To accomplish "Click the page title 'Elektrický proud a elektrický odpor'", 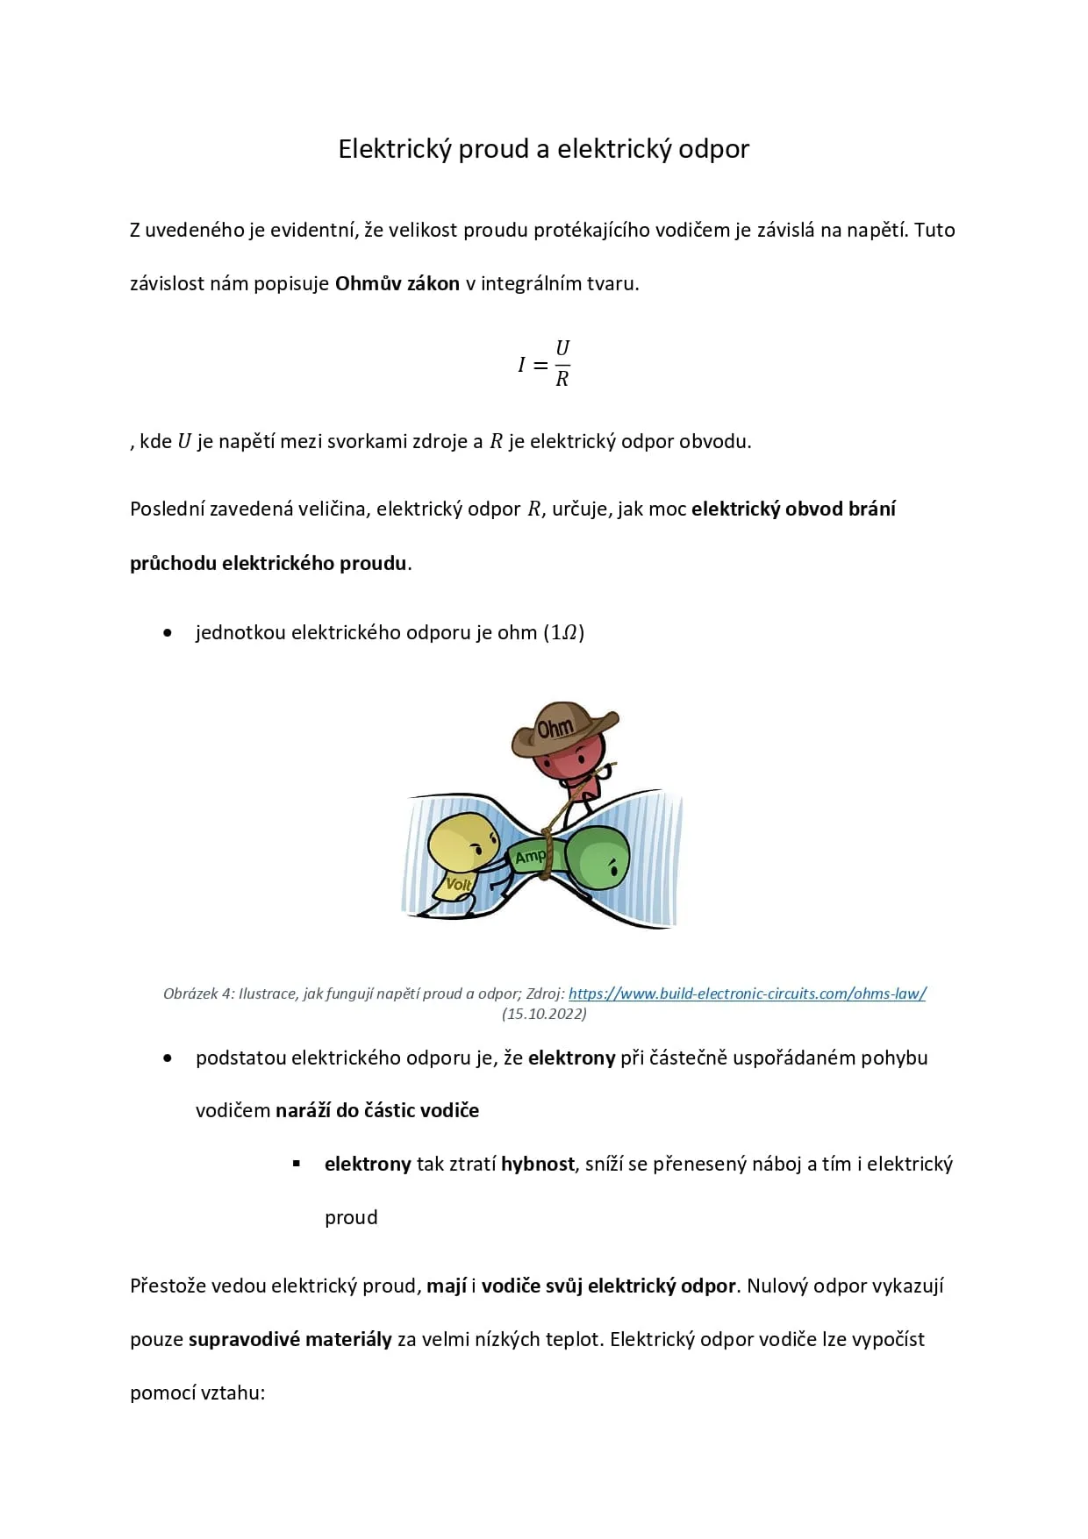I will coord(543,149).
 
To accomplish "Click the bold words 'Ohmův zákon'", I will coord(397,284).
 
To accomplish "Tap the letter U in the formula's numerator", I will coord(562,348).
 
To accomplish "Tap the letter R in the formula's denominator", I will coord(562,379).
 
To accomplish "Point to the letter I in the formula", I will coord(521,365).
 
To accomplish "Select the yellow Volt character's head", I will coord(462,844).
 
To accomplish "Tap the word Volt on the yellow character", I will coord(459,884).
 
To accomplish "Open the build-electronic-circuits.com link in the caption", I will coord(747,994).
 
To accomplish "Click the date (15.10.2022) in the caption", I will coord(544,1014).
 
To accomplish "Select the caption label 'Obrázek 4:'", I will coord(198,994).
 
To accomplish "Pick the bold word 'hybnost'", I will coord(537,1165).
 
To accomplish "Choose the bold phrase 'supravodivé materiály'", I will coord(290,1340).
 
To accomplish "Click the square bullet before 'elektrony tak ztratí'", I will coord(297,1165).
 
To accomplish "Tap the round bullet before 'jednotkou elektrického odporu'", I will coord(168,632).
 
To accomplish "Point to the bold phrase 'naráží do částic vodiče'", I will coord(377,1111).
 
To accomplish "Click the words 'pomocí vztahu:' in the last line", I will coord(197,1393).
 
